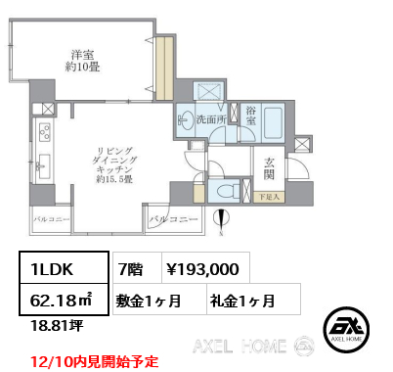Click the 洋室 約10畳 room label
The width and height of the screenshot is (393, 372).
(x=81, y=62)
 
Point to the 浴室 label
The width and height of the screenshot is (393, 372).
(x=250, y=117)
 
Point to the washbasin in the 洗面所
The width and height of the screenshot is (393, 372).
(x=186, y=122)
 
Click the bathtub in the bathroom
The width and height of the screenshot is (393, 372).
(x=271, y=123)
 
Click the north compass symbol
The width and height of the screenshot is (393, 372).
(x=223, y=222)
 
